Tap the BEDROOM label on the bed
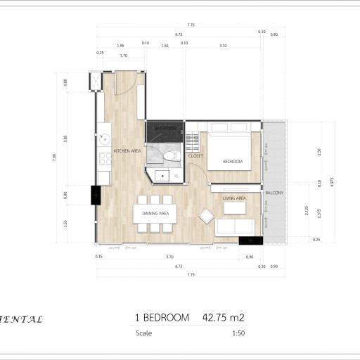(232, 162)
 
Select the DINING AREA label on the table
(155, 213)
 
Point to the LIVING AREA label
(234, 198)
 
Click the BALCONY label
(274, 192)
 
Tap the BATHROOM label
(166, 129)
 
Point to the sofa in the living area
(235, 226)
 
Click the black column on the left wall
(94, 195)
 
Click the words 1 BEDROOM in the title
(162, 318)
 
